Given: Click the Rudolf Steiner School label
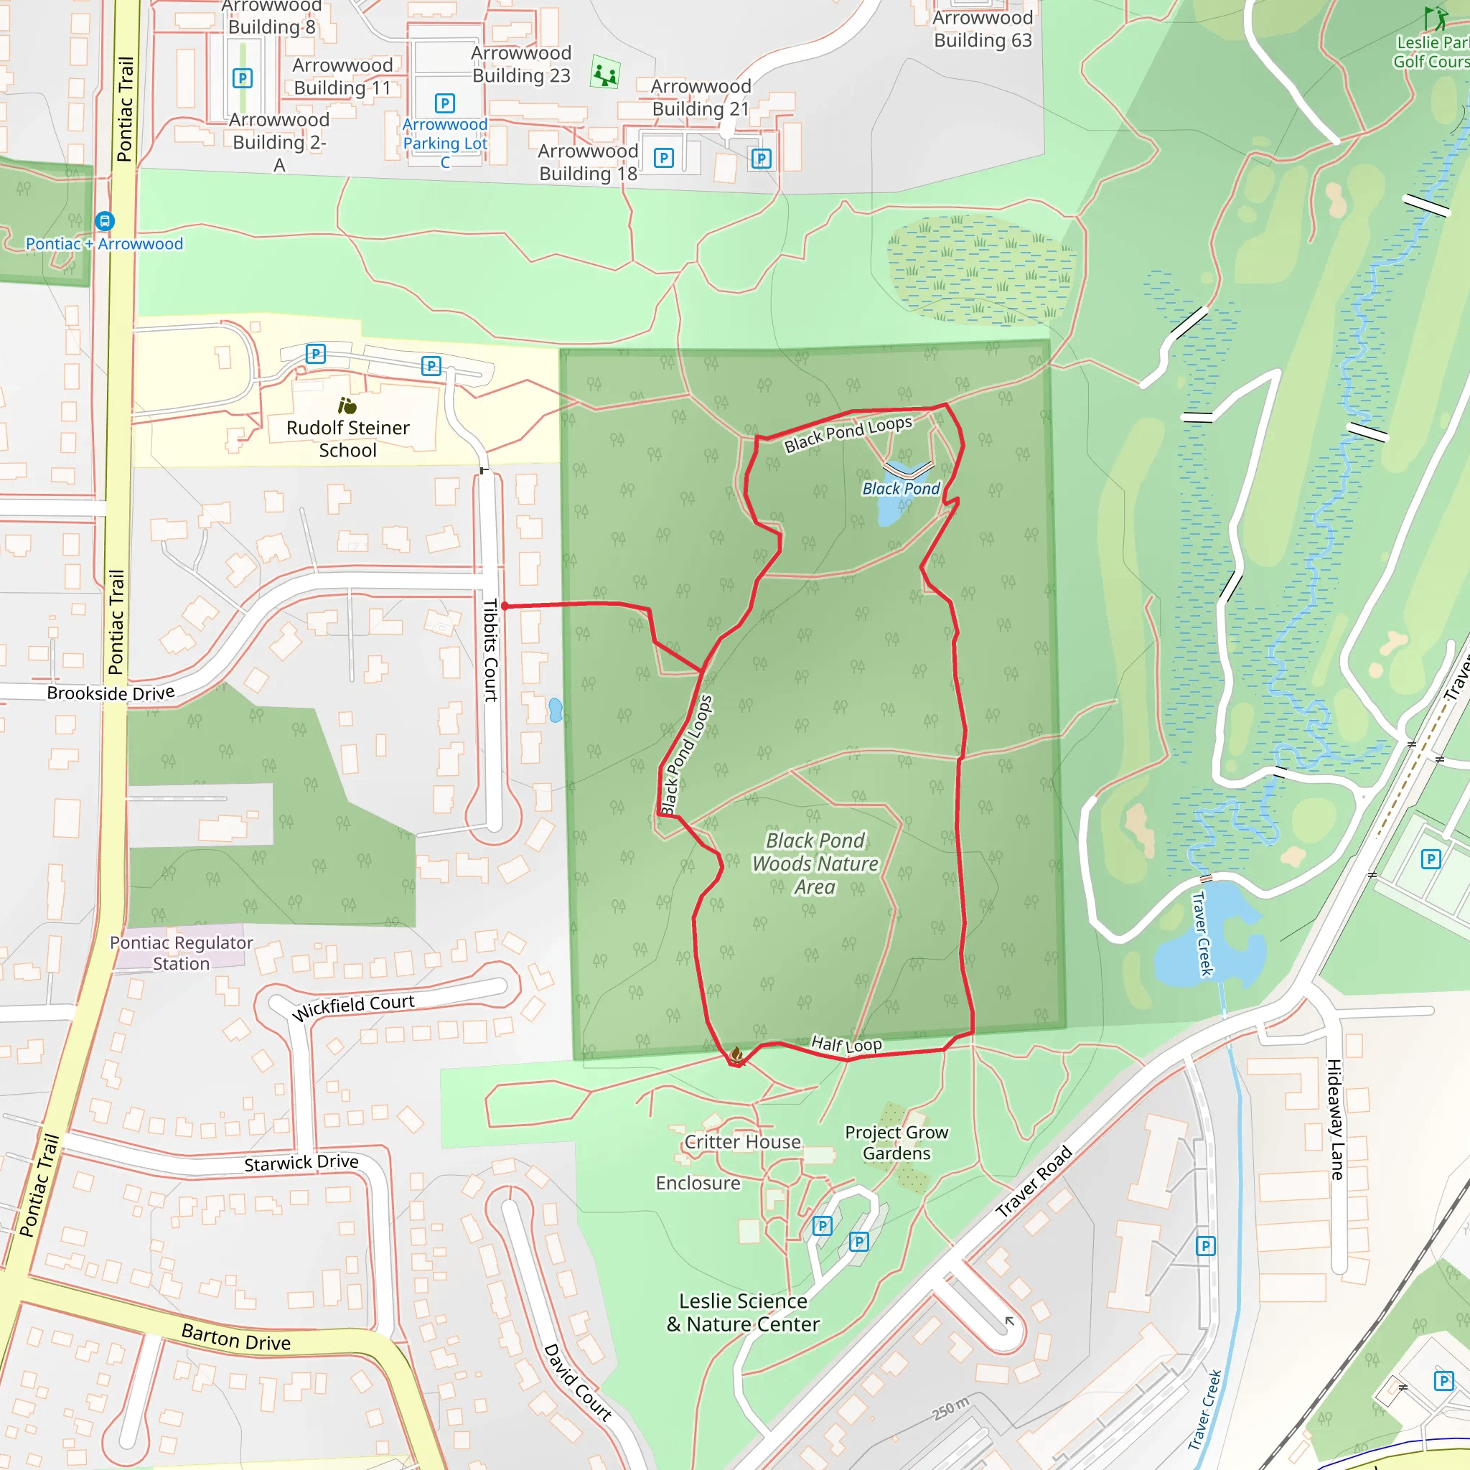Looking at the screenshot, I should click(x=347, y=439).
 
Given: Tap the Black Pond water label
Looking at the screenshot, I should click(x=901, y=489).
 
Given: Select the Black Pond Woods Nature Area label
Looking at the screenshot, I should click(x=815, y=863).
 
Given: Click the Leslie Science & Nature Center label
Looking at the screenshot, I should click(x=743, y=1313).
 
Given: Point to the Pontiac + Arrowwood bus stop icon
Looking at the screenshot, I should click(x=105, y=221).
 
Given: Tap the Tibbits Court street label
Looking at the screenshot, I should click(x=491, y=650).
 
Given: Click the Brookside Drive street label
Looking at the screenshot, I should click(x=111, y=693).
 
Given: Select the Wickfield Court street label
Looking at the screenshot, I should click(x=354, y=1006).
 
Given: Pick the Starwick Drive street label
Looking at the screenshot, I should click(x=301, y=1164).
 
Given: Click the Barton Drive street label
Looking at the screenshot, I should click(x=236, y=1336).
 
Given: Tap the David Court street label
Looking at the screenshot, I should click(x=578, y=1382).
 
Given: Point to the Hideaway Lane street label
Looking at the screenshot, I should click(x=1334, y=1119).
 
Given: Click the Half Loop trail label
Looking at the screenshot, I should click(x=846, y=1044).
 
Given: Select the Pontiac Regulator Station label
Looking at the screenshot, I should click(x=181, y=953).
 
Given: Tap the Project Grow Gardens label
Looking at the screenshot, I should click(x=896, y=1143).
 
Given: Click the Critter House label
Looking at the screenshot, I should click(x=743, y=1142).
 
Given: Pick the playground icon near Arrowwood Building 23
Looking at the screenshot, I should click(x=605, y=75).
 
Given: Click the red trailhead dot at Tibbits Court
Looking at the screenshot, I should click(x=505, y=607).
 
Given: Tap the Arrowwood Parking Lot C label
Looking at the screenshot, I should click(x=445, y=143).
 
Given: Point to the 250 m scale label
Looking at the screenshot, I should click(x=951, y=1409).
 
